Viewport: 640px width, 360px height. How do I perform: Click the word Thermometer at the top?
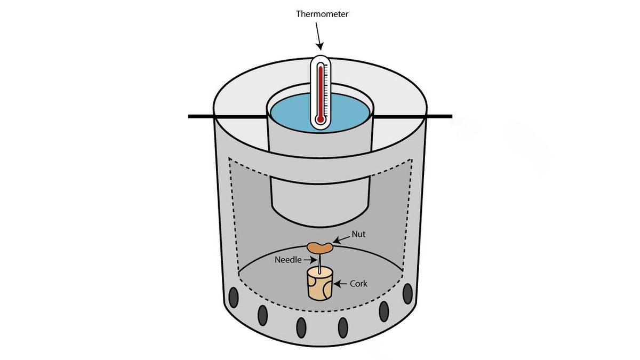(x=322, y=14)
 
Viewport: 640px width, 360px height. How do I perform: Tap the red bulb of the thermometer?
(x=320, y=119)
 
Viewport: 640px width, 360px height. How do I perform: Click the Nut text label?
(x=358, y=234)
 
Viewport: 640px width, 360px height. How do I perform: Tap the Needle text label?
(x=289, y=260)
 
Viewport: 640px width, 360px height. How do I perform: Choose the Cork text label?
(x=358, y=284)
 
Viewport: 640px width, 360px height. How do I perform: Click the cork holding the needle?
(x=319, y=284)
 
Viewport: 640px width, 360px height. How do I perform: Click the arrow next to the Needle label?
(x=310, y=260)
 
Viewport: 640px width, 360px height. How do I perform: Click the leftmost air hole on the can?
(x=233, y=295)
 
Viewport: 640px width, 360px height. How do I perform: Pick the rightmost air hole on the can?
(x=407, y=293)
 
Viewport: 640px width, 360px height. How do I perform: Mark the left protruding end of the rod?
(x=200, y=116)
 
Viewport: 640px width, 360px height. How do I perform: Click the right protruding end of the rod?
(x=440, y=116)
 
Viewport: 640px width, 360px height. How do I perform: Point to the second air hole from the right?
(x=383, y=311)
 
